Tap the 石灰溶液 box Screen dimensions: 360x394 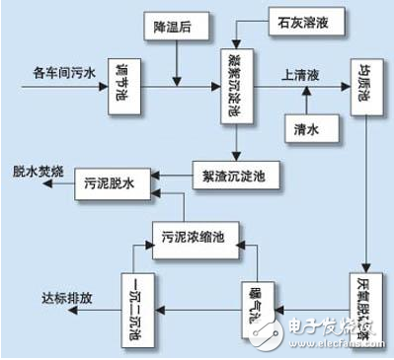click(303, 20)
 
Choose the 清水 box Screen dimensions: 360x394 click(305, 127)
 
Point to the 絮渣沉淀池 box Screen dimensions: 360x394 click(244, 177)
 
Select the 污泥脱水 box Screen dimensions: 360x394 click(108, 184)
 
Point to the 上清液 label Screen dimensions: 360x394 click(299, 73)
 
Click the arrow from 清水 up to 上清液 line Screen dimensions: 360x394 click(305, 100)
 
